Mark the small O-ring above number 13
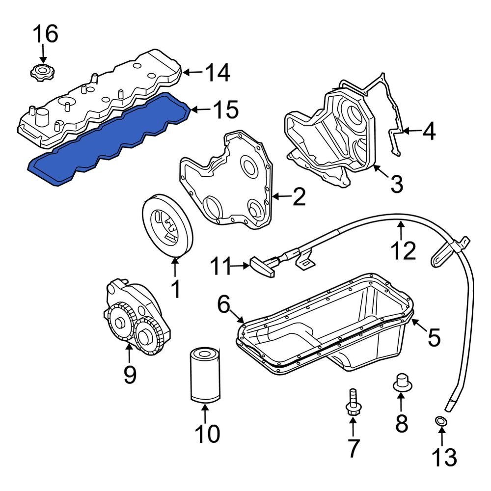(441, 421)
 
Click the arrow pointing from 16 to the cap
(43, 54)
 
